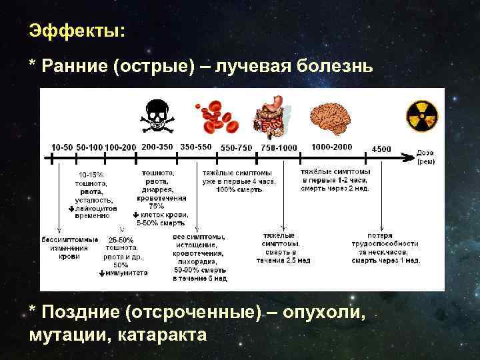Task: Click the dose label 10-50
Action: [x=62, y=147]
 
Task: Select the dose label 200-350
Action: [x=157, y=146]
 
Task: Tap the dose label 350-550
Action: [x=196, y=146]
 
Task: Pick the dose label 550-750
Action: [x=237, y=147]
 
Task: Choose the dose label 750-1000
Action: [x=278, y=147]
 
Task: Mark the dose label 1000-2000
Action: [x=331, y=146]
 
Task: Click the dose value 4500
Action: [x=382, y=147]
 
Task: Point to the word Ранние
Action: [x=69, y=65]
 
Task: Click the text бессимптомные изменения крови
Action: [x=70, y=247]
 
